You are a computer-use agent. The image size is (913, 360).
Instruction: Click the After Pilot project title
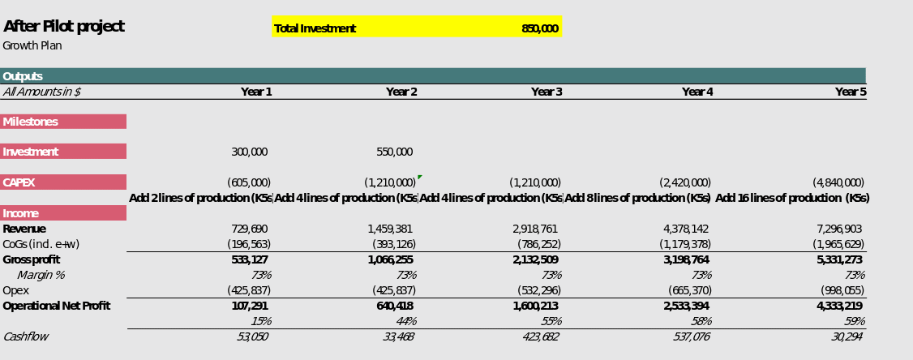[64, 27]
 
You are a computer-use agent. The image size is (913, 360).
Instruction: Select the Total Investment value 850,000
[539, 29]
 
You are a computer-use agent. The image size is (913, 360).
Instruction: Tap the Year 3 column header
[547, 92]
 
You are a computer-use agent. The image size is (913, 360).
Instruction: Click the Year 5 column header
[851, 92]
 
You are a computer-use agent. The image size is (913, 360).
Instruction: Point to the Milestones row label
[30, 122]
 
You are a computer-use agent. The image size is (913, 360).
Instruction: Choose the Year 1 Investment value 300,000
[249, 152]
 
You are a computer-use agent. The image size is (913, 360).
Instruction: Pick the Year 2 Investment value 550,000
[394, 152]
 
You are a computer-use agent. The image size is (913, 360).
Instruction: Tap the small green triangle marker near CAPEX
[419, 177]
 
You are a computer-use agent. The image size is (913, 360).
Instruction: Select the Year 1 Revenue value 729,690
[249, 229]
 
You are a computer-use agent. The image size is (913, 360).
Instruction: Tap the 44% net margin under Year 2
[406, 322]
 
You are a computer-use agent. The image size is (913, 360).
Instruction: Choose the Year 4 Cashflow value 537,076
[691, 337]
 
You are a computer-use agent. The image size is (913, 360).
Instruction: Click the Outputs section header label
[23, 77]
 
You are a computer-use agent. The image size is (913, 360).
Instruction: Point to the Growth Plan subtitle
[32, 46]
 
